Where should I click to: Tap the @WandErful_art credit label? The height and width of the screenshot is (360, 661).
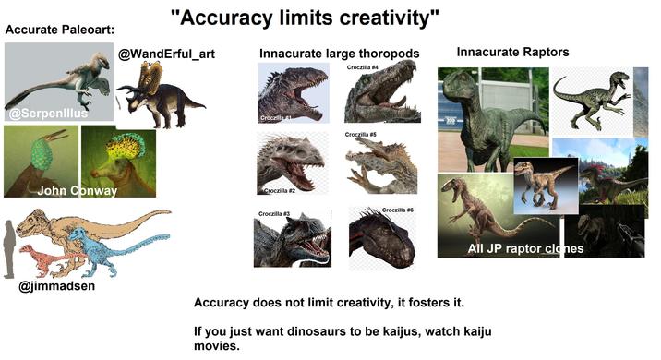click(166, 54)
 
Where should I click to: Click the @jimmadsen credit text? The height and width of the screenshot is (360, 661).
click(57, 286)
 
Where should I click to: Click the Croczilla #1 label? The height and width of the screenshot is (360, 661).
click(275, 119)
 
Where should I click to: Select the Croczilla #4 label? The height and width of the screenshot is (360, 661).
click(363, 67)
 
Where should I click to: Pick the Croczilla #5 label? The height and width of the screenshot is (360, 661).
click(360, 135)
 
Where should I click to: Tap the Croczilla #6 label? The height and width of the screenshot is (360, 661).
click(397, 211)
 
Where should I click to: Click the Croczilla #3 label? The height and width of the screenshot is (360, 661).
click(274, 214)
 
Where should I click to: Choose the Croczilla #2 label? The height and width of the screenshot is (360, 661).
click(280, 190)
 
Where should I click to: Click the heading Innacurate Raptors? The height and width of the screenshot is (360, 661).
click(512, 51)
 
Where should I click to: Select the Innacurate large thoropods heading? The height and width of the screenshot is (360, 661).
click(339, 54)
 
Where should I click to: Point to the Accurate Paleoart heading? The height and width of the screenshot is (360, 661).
click(59, 30)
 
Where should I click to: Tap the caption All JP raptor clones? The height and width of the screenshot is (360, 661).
click(525, 248)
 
